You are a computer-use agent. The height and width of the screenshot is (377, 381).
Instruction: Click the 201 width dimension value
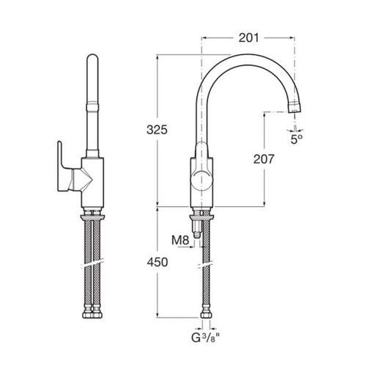click(x=248, y=38)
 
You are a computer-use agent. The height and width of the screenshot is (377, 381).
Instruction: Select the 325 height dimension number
click(x=157, y=130)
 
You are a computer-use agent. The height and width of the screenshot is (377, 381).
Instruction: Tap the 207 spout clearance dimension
click(x=264, y=159)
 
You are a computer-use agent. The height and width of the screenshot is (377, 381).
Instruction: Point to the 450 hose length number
click(x=158, y=263)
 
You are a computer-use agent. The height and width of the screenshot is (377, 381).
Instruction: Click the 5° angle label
click(x=297, y=139)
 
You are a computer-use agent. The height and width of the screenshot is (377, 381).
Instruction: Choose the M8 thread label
click(x=180, y=241)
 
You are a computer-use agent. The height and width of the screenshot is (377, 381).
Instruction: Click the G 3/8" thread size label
click(x=205, y=338)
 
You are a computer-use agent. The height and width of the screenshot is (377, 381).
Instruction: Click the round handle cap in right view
click(x=201, y=181)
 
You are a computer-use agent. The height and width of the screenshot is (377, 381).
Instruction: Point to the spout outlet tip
click(x=295, y=108)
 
